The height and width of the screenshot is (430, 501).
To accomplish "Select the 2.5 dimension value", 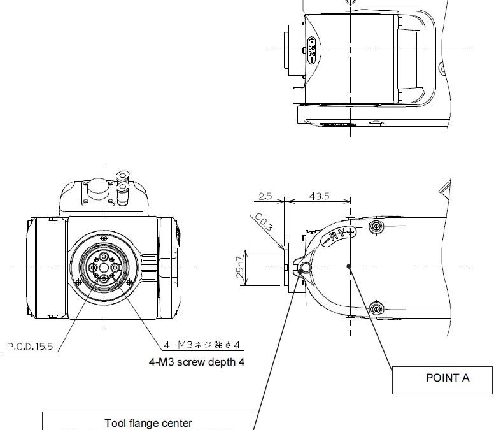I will click(265, 196).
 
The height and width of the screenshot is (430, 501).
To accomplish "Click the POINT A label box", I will click(447, 378).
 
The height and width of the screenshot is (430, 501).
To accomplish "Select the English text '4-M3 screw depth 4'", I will click(195, 362).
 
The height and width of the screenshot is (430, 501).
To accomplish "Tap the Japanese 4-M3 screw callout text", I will click(201, 345).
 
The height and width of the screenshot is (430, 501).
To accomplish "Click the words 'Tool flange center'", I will click(148, 423).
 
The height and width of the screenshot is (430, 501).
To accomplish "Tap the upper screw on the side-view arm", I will click(378, 227).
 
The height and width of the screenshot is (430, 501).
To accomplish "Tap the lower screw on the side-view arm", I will click(378, 310).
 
